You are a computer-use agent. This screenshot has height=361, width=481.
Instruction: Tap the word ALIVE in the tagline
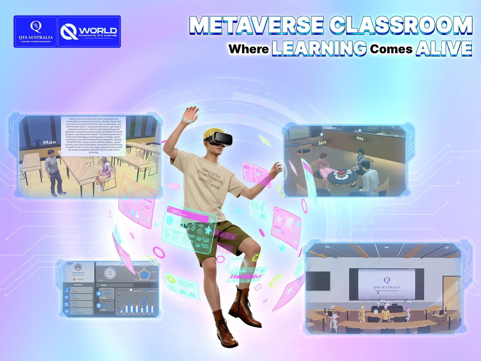pos(444,48)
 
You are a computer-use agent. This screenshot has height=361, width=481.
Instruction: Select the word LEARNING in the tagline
pos(319,48)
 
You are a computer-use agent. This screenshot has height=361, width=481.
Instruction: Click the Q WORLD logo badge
pos(89,32)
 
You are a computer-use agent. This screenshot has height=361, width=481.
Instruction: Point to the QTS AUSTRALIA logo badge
pos(35,32)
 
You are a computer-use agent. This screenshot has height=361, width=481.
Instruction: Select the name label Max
pos(49,142)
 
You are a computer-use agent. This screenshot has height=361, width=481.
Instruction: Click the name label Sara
pos(322,143)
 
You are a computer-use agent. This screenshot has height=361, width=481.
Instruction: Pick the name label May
pos(360,138)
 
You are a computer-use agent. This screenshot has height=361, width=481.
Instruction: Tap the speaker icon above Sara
pos(322,134)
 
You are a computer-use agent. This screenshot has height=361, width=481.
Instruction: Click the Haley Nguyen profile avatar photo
pos(78,267)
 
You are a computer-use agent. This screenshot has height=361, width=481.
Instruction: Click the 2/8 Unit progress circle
pos(110,273)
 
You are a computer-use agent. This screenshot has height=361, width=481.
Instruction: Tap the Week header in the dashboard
pos(104,285)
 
